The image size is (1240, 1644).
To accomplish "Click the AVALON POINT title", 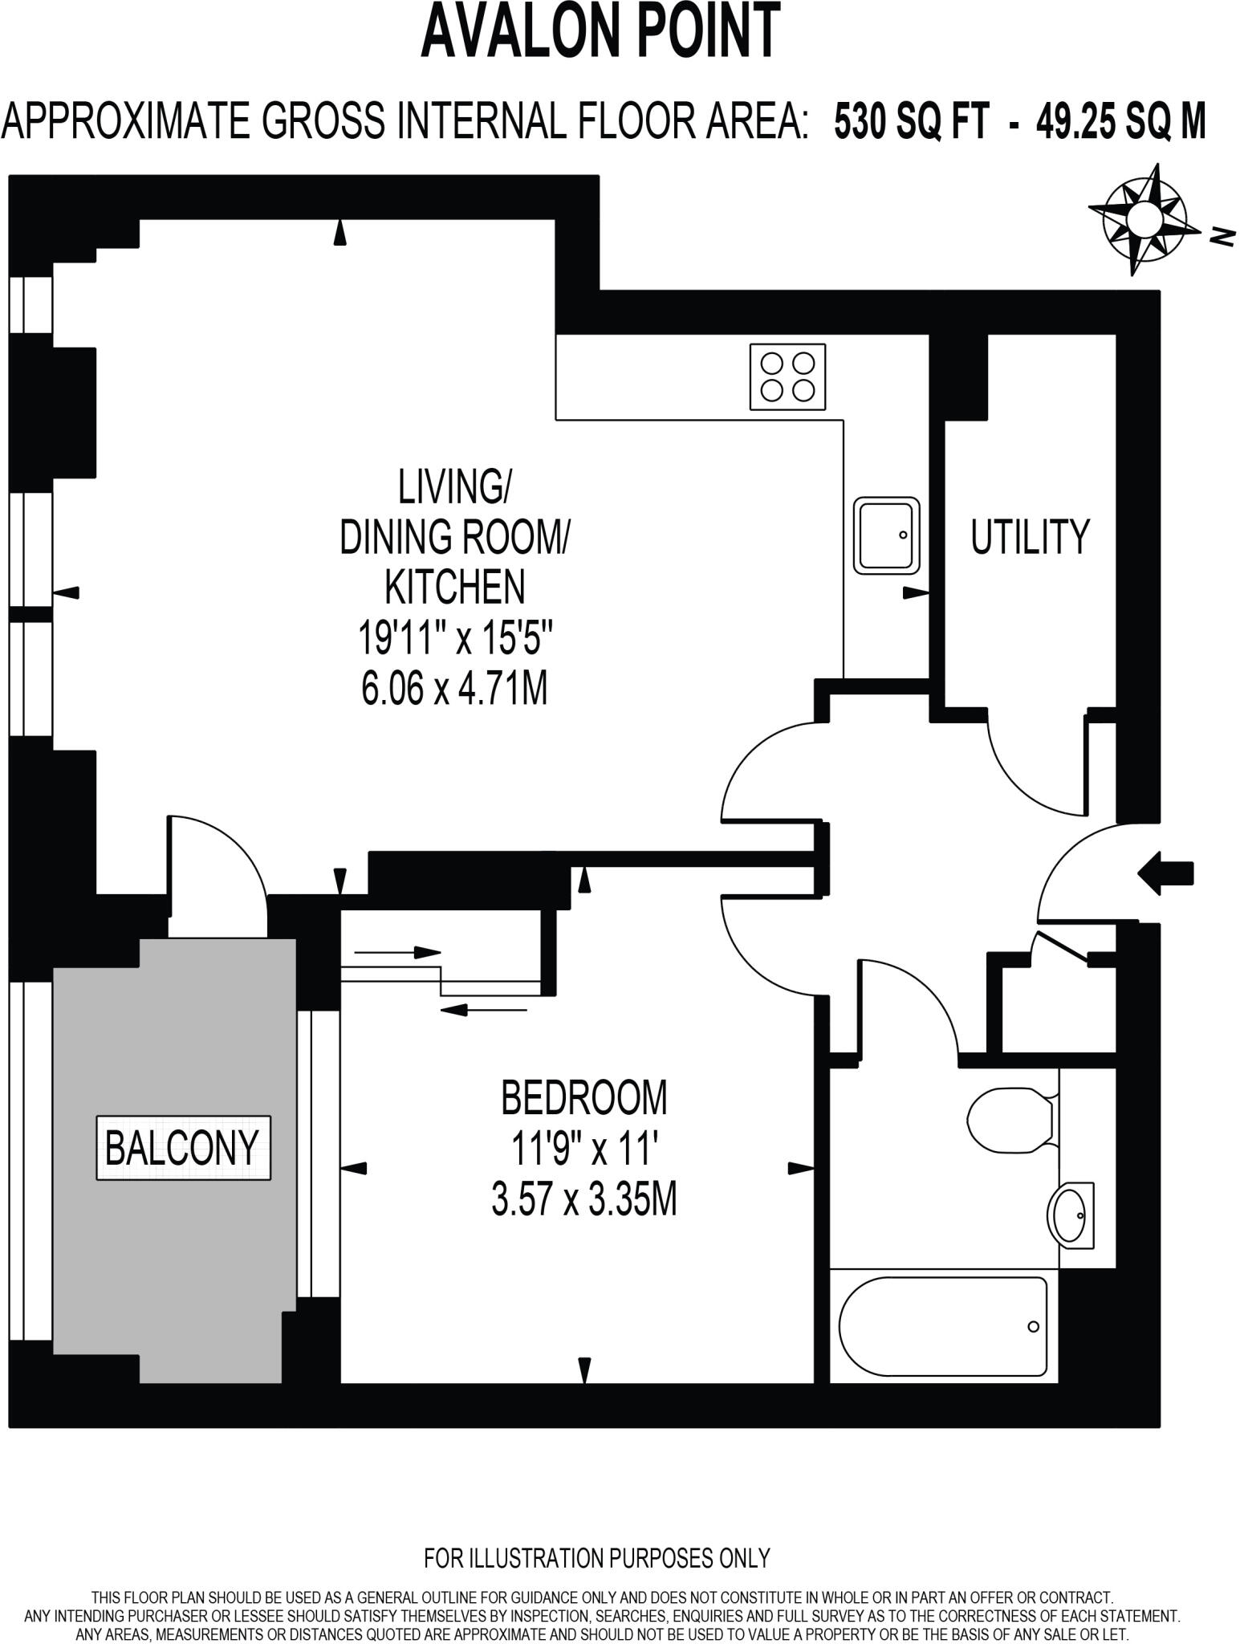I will (600, 32).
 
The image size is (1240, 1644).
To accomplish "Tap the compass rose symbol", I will (1143, 218).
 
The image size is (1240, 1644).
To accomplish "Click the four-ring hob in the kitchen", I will (787, 377).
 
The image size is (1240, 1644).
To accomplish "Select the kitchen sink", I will (886, 535).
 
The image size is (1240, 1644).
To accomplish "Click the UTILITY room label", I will (1030, 537).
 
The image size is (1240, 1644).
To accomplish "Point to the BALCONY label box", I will (183, 1147).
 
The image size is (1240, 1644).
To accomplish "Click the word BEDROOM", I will (583, 1097).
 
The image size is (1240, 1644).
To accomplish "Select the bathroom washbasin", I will (1071, 1215).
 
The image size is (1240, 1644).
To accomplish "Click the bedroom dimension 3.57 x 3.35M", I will (583, 1202).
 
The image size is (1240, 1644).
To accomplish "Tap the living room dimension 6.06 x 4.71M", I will (454, 689).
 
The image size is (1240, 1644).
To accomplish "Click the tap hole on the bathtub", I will (1034, 1327).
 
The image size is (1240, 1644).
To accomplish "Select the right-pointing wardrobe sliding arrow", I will (397, 953).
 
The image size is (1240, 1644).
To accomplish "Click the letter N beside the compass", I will (1222, 236).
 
